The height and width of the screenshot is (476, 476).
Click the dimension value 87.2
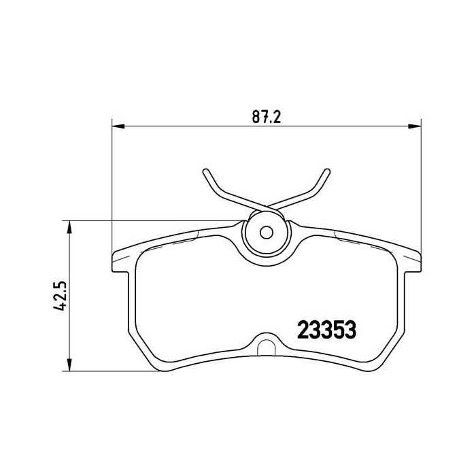267,116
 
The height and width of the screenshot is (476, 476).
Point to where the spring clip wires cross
267,205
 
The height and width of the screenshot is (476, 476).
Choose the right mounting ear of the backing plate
413,262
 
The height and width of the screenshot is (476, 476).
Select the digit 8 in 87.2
256,116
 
